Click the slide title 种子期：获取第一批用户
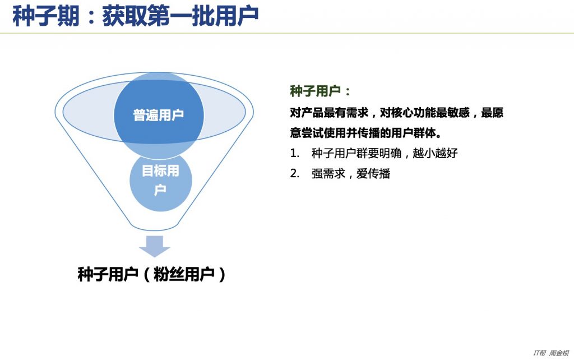[136, 16]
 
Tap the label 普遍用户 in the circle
[159, 115]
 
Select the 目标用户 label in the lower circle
[160, 180]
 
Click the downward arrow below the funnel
[155, 246]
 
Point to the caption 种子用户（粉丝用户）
[151, 274]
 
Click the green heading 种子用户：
[320, 91]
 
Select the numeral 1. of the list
[295, 153]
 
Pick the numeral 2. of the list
[295, 173]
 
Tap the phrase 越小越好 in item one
[435, 153]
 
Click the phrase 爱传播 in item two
[373, 173]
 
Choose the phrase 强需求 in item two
[328, 173]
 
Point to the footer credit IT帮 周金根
[551, 353]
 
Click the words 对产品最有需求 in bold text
[329, 113]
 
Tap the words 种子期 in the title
[46, 16]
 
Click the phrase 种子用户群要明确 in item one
[357, 153]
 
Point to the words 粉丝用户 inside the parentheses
[184, 274]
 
